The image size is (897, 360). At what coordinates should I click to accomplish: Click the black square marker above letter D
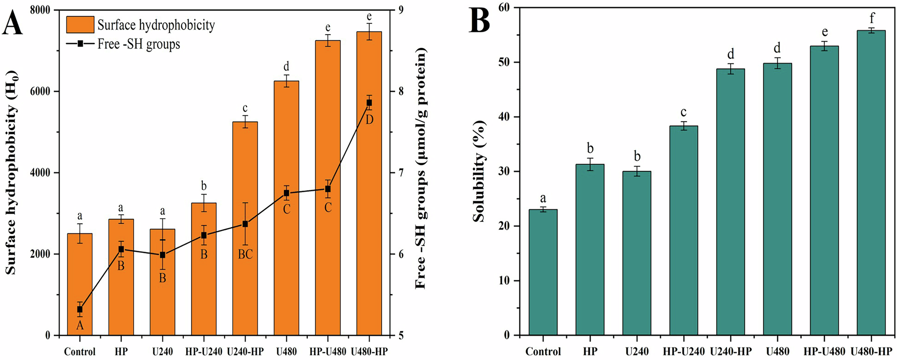pos(369,103)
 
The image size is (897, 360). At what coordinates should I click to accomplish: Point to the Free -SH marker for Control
pos(80,309)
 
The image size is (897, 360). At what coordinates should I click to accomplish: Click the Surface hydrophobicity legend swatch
pos(80,25)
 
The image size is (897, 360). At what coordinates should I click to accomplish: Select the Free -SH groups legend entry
pos(139,44)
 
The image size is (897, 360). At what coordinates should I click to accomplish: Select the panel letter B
pos(479,20)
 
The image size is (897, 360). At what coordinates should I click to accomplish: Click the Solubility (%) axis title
pos(479,171)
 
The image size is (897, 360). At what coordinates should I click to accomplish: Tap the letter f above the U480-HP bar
pos(872,18)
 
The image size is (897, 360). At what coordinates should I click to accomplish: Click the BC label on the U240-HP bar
pos(245,255)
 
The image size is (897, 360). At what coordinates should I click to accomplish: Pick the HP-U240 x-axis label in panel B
pos(684,351)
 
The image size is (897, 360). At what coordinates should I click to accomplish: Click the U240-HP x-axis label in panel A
pos(245,351)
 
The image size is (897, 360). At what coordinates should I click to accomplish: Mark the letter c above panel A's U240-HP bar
pos(245,108)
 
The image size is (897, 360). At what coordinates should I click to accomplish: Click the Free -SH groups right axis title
pos(420,168)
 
